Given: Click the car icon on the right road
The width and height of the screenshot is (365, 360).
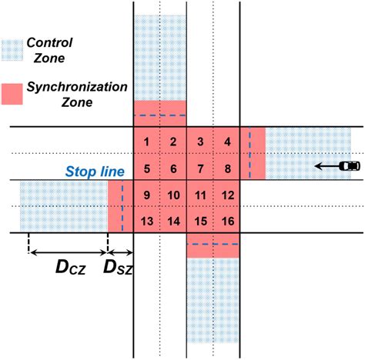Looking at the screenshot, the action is [x=350, y=166].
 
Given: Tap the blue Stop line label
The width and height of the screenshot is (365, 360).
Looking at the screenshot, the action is [x=95, y=172].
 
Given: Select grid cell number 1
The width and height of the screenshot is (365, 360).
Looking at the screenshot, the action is [x=146, y=142].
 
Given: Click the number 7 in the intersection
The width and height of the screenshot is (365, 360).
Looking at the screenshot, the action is [x=200, y=168].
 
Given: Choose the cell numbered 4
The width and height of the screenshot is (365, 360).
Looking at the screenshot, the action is [x=227, y=142].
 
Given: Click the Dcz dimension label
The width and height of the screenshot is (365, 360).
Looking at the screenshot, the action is [x=70, y=268].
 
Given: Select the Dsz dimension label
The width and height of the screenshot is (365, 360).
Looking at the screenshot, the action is [x=118, y=268].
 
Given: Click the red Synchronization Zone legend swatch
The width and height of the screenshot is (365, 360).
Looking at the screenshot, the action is [x=12, y=94].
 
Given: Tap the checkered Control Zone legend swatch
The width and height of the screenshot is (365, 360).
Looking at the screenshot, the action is [x=12, y=50].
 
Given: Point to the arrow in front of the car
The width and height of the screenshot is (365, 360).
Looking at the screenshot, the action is [x=327, y=166].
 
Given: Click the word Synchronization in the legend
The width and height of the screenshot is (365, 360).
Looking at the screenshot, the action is [x=77, y=87].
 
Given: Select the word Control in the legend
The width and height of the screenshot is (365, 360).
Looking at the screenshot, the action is [x=49, y=42].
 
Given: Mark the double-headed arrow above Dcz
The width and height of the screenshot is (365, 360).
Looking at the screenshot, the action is [x=69, y=253].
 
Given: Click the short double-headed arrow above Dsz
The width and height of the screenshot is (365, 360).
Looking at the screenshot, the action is [x=120, y=253].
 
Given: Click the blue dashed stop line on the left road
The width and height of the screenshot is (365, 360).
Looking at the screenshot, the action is [x=122, y=205].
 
